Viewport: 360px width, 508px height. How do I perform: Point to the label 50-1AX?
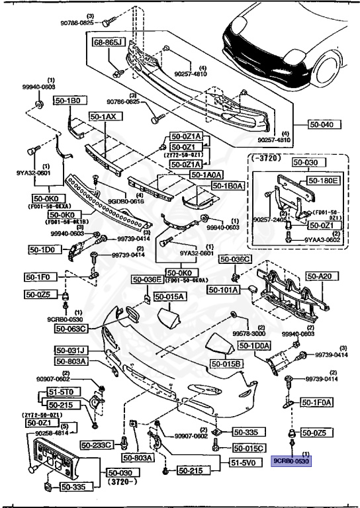coord(103,116)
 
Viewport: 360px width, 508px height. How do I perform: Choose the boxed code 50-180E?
coord(324,179)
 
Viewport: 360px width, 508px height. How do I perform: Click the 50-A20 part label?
coord(324,278)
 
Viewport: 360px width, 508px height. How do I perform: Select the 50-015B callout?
coord(227,364)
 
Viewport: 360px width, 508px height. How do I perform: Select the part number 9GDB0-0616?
coord(122,201)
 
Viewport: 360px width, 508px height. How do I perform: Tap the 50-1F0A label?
coord(317,402)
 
